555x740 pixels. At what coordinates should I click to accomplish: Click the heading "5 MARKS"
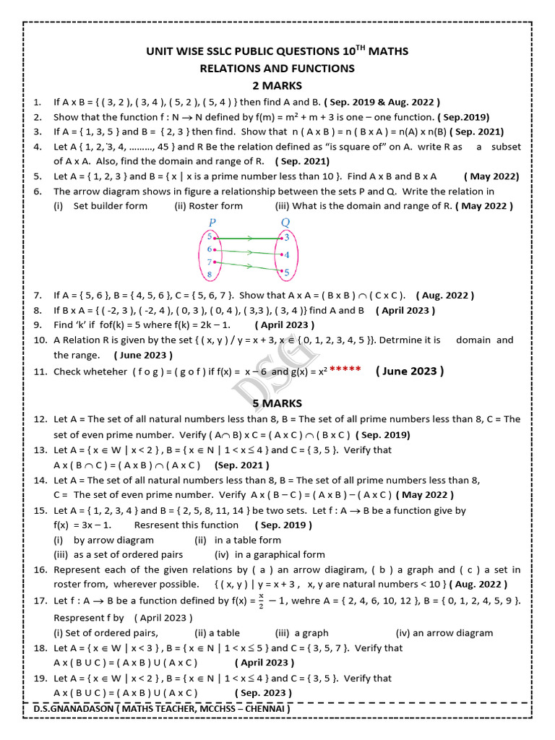tap(277, 403)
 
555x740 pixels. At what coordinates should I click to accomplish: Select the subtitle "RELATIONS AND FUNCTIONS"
tap(277, 69)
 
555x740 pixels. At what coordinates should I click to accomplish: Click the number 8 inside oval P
tap(210, 275)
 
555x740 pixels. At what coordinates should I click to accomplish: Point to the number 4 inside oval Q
tap(286, 255)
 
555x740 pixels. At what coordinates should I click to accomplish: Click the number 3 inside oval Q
tap(286, 238)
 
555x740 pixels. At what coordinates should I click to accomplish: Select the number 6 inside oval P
tap(210, 249)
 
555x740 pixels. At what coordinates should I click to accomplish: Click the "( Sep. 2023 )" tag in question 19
tap(263, 692)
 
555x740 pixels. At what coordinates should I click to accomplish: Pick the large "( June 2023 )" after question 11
tap(410, 371)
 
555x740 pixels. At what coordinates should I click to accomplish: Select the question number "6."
tap(38, 192)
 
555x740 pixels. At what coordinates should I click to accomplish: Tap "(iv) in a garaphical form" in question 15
tap(270, 555)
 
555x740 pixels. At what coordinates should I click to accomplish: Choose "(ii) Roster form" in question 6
tap(208, 206)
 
